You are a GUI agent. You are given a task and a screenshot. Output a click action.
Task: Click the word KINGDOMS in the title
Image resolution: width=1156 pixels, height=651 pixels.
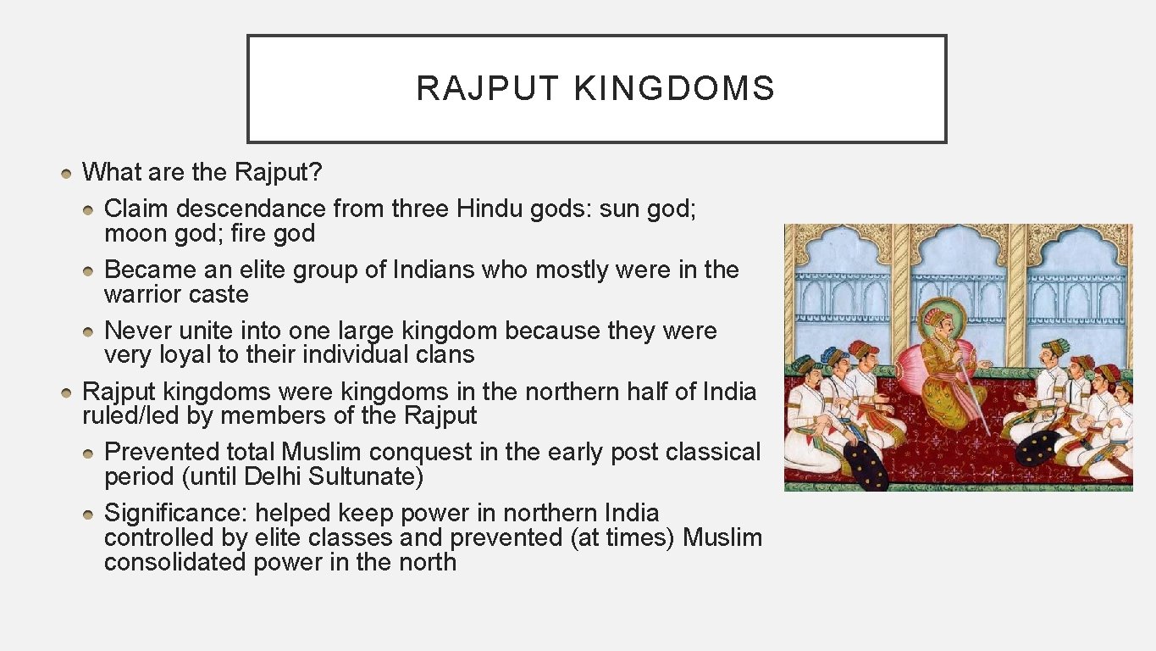click(674, 89)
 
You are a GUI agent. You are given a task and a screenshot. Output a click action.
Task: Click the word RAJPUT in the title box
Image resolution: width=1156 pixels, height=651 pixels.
click(488, 89)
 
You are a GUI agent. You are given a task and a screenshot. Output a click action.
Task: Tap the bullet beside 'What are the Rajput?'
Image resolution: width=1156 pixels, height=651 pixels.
click(67, 173)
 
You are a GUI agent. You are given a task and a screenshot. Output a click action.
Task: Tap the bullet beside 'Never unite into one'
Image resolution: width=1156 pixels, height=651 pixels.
click(90, 331)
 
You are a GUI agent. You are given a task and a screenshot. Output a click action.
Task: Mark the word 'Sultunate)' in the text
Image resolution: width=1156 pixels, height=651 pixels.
click(365, 476)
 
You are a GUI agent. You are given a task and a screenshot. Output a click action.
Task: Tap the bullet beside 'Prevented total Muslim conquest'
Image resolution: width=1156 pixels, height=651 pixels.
click(90, 453)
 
